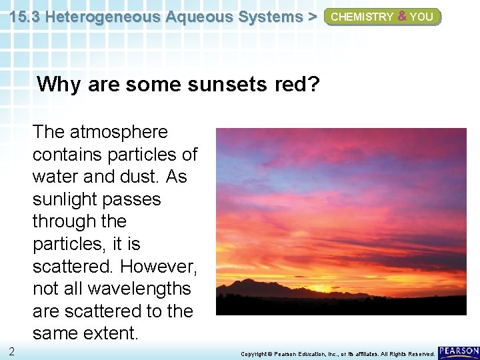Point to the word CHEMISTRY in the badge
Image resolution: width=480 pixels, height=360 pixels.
[362, 17]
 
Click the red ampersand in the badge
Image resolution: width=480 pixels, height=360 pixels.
[401, 17]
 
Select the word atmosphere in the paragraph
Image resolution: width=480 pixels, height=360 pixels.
[116, 132]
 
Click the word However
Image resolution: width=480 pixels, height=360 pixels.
[159, 267]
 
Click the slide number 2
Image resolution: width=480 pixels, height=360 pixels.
[12, 351]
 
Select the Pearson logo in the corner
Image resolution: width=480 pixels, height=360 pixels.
[459, 352]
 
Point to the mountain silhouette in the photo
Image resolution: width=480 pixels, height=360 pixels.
[267, 288]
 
